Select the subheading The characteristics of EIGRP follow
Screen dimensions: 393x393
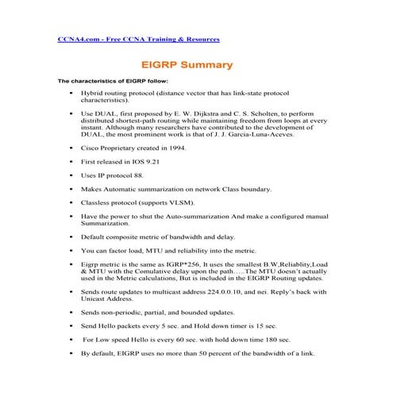click(x=112, y=81)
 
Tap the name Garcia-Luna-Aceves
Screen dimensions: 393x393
click(x=261, y=135)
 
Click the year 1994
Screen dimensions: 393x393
click(x=175, y=148)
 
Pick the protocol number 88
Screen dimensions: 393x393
click(x=140, y=175)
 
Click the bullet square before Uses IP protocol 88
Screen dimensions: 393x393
click(x=72, y=175)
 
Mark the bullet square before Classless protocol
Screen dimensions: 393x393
click(x=72, y=202)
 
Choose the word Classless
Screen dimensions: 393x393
click(x=97, y=202)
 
